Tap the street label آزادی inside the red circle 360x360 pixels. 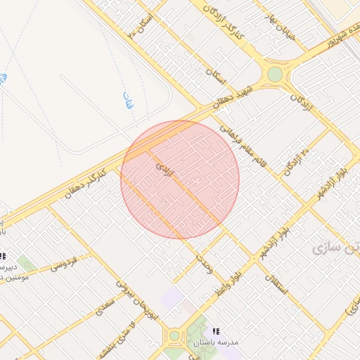coord(163,169)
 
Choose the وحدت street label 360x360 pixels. coord(205,264)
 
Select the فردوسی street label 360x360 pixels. coord(72,264)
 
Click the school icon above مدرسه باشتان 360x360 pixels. coord(215,330)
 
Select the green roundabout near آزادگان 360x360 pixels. coord(274,74)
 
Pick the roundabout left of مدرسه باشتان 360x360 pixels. coord(174,336)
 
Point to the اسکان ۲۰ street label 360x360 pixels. coord(141,25)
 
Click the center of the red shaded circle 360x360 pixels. coord(180,179)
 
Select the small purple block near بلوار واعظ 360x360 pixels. coord(171,296)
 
